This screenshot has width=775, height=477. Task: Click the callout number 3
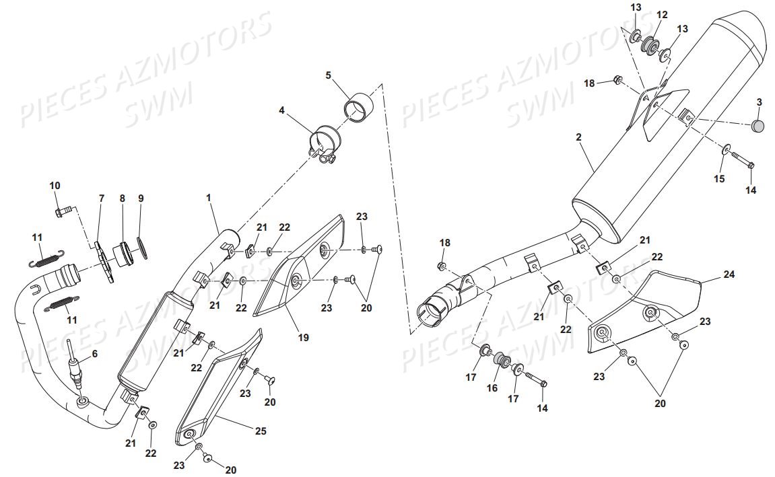(x=759, y=102)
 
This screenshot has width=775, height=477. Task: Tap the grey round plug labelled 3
(x=758, y=125)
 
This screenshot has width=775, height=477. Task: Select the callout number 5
(x=329, y=75)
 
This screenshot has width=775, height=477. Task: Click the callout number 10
(x=55, y=185)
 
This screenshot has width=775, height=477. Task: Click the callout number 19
(x=304, y=338)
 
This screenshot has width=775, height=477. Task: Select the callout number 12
(x=662, y=15)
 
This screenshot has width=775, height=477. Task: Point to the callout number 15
(x=720, y=178)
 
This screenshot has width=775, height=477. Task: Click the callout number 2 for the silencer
(x=578, y=137)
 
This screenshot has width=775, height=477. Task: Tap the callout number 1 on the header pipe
(x=209, y=198)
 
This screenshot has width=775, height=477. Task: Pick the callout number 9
(x=141, y=198)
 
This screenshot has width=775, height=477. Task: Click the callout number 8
(x=123, y=198)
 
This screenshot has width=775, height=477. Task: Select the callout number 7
(x=102, y=198)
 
